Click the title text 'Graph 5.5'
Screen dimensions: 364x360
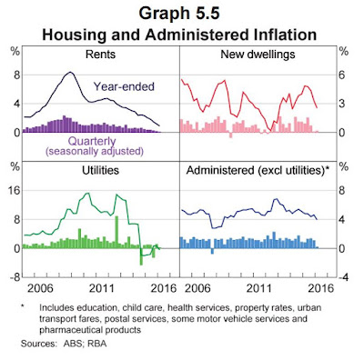click(x=179, y=14)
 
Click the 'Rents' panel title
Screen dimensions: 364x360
click(x=100, y=55)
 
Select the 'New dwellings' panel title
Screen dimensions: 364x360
click(x=258, y=55)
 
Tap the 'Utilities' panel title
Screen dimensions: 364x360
click(x=100, y=170)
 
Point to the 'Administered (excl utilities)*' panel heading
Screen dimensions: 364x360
click(x=258, y=170)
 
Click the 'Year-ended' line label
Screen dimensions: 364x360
click(x=124, y=86)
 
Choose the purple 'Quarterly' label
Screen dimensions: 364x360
click(x=92, y=141)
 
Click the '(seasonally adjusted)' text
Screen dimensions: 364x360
click(x=95, y=151)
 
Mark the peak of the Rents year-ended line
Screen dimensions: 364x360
click(x=70, y=72)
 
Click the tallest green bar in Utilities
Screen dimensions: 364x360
click(x=116, y=232)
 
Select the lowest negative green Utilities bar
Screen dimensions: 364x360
click(x=141, y=256)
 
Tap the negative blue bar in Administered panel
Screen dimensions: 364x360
click(x=212, y=251)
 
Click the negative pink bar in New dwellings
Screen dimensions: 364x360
click(x=230, y=135)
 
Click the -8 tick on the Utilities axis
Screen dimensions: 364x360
click(x=14, y=277)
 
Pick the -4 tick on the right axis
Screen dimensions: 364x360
click(x=343, y=277)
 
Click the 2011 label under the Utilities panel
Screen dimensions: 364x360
click(x=102, y=288)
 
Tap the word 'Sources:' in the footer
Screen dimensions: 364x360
click(x=39, y=344)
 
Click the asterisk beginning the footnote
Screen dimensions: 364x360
click(x=23, y=306)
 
